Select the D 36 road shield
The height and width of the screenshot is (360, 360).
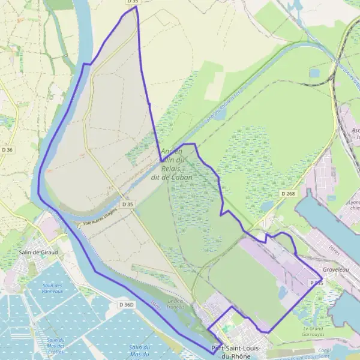click(x=7, y=149)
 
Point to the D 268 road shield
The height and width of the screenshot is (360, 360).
click(x=288, y=194)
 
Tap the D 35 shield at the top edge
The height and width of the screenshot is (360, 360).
click(x=133, y=2)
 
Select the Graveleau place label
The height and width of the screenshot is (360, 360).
click(x=335, y=270)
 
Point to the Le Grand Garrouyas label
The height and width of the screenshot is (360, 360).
click(x=314, y=331)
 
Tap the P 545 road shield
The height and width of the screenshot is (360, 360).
click(x=316, y=281)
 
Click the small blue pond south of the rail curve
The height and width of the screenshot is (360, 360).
click(x=315, y=73)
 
